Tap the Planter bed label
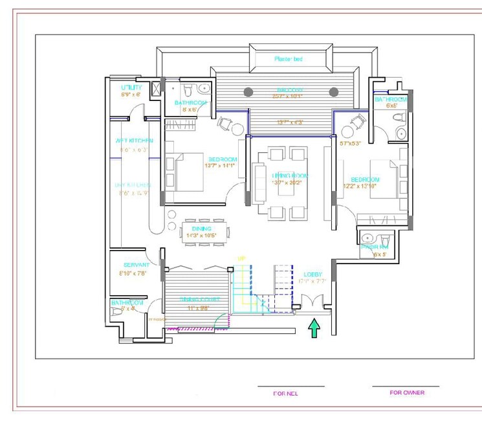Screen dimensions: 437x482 pos(289,59)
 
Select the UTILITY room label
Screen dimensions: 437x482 pos(131,87)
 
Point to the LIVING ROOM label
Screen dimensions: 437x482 pos(289,176)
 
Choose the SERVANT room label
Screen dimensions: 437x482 pos(137,265)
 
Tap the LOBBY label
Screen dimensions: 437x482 pos(312,275)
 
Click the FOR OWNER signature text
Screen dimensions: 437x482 pos(407,392)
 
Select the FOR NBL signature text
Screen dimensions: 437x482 pos(285,393)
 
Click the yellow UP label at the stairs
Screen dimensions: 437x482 pos(242,259)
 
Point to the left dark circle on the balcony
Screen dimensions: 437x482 pos(248,92)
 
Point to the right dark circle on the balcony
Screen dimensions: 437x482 pos(334,92)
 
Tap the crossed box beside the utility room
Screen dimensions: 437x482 pos(157,90)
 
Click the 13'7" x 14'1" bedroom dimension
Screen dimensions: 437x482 pos(221,166)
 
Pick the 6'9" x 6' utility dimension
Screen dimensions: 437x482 pos(131,95)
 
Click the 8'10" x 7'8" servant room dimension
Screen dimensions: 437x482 pos(134,273)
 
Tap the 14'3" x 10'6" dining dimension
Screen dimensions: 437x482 pos(201,235)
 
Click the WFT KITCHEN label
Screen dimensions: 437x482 pos(134,140)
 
